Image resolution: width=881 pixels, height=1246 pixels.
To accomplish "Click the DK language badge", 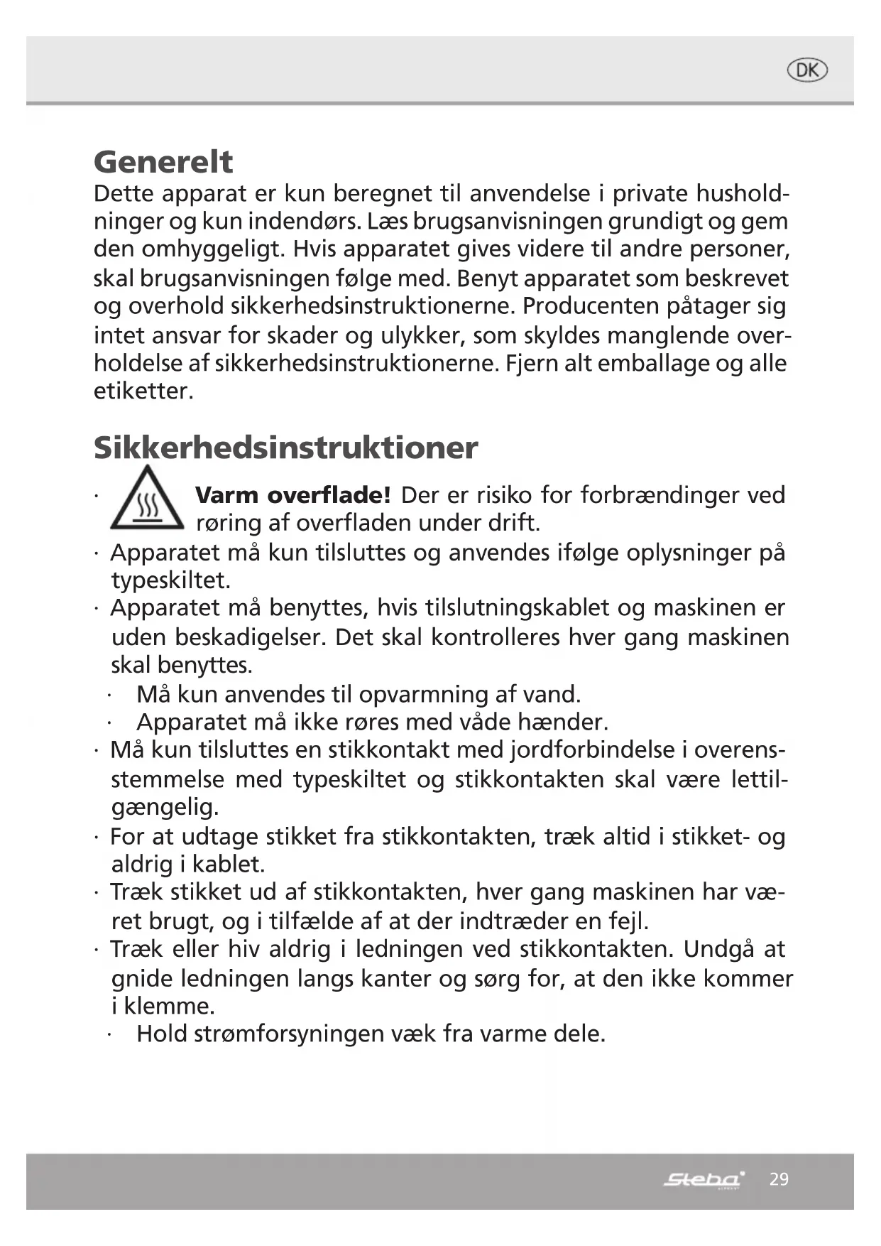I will coord(807,70).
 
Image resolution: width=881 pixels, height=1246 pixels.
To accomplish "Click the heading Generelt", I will coord(163,162).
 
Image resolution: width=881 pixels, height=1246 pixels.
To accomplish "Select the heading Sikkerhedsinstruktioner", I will coord(285,448).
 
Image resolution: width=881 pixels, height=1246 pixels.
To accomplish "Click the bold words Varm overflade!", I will coord(292,495).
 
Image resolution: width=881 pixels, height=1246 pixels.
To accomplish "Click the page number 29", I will coord(779,1179).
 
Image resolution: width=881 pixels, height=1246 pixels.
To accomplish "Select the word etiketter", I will coord(143,391).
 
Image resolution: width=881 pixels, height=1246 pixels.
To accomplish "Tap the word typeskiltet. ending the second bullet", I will coord(170,580).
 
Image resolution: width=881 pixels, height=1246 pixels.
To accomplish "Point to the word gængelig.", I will coord(165,808).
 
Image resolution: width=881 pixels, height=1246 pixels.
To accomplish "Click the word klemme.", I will coord(169,1006).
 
